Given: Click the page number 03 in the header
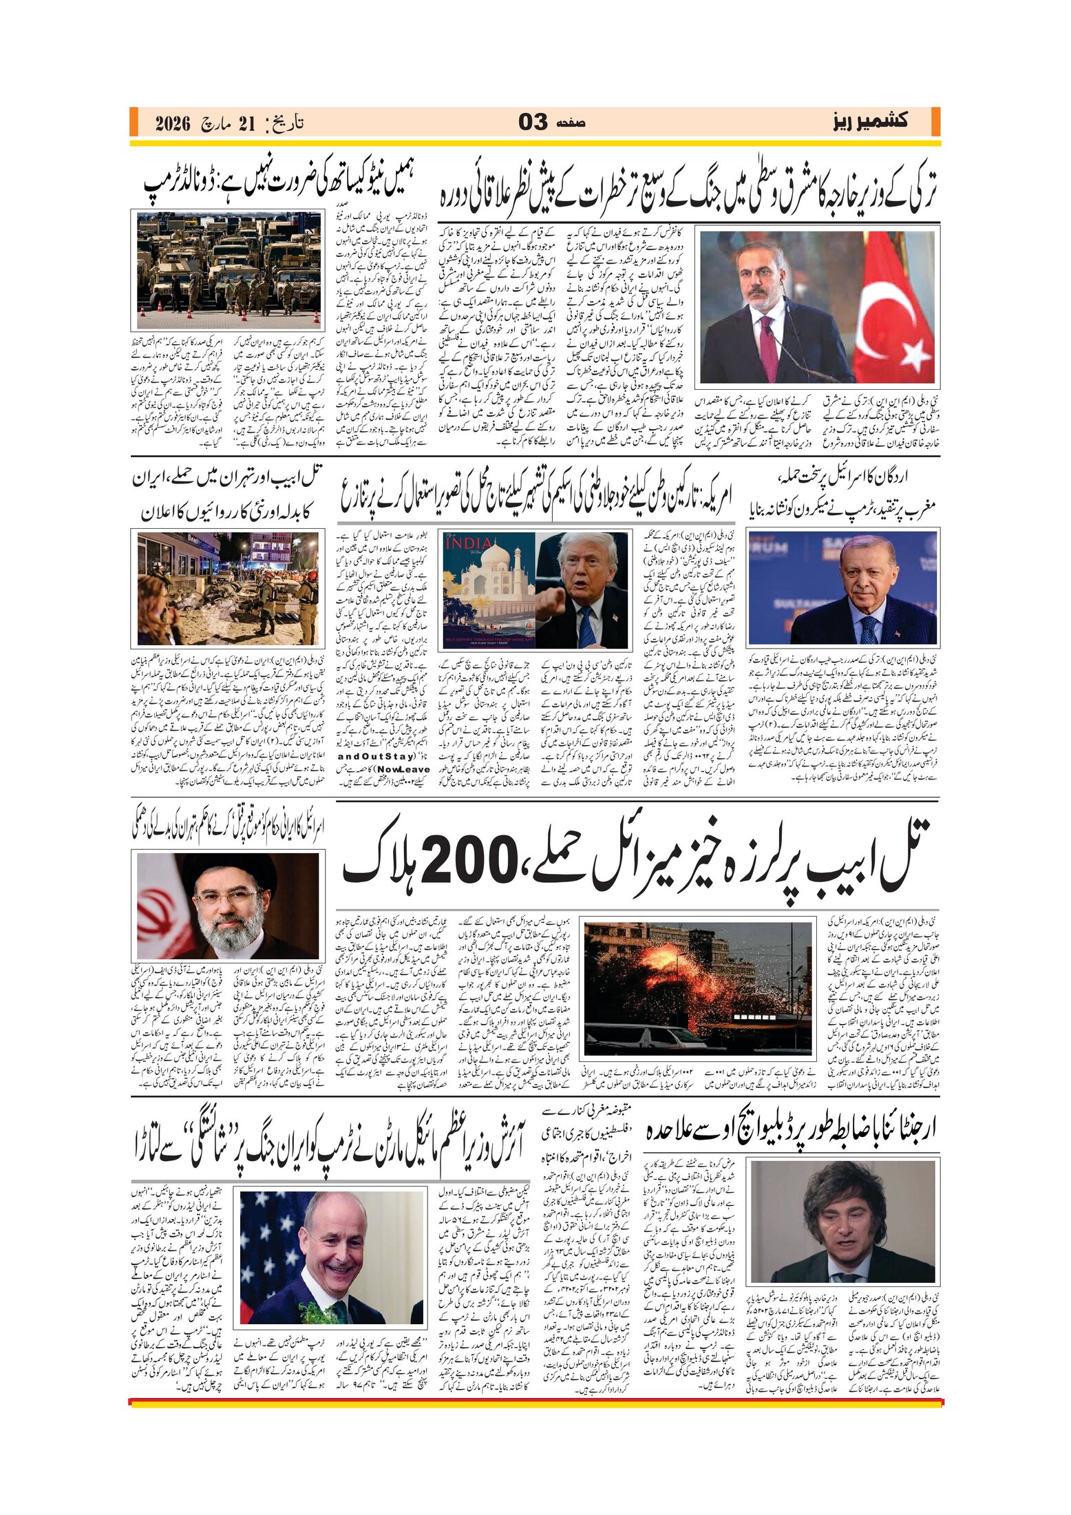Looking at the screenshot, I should [x=533, y=123].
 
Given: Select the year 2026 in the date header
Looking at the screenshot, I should [x=172, y=124].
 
